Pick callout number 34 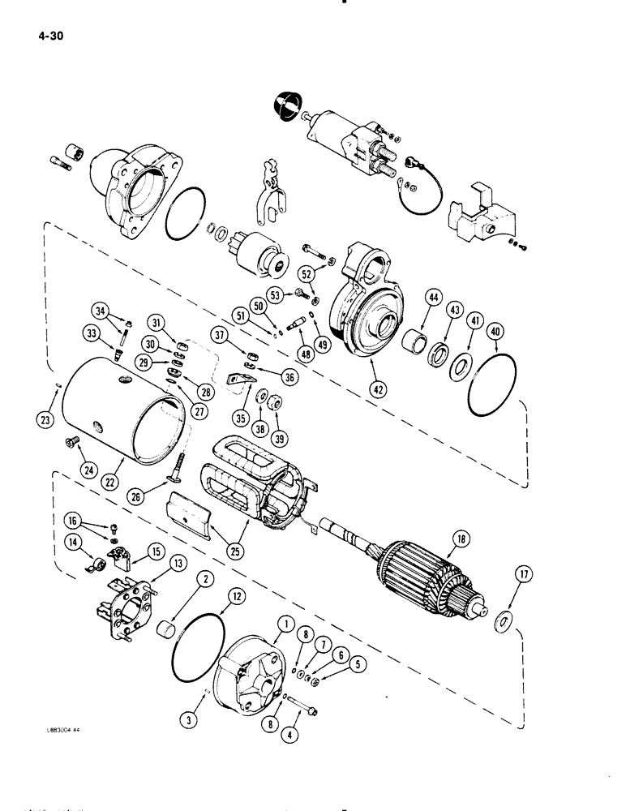coord(100,309)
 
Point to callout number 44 coord(425,299)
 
